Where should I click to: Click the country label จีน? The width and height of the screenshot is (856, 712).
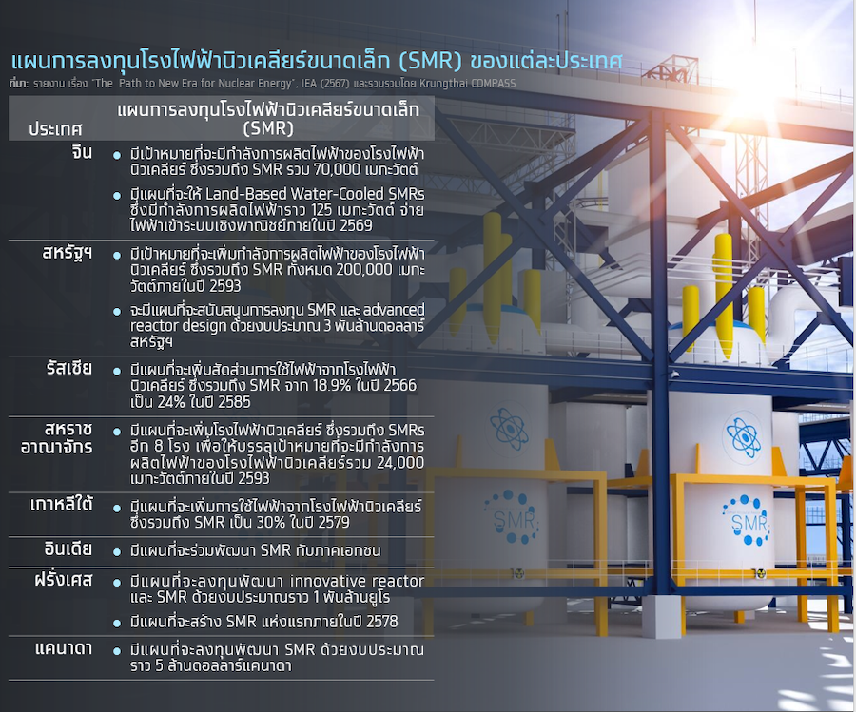[82, 152]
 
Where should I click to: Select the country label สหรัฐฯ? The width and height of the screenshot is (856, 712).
[68, 253]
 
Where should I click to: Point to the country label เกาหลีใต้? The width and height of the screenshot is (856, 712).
[61, 505]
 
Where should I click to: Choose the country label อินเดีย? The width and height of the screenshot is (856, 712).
[68, 548]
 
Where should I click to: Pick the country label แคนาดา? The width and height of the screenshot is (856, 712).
[64, 648]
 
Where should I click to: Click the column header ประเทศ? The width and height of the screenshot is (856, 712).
[55, 129]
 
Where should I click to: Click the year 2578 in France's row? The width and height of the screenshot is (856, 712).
[382, 622]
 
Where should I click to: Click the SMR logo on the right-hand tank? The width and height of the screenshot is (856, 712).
[748, 522]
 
